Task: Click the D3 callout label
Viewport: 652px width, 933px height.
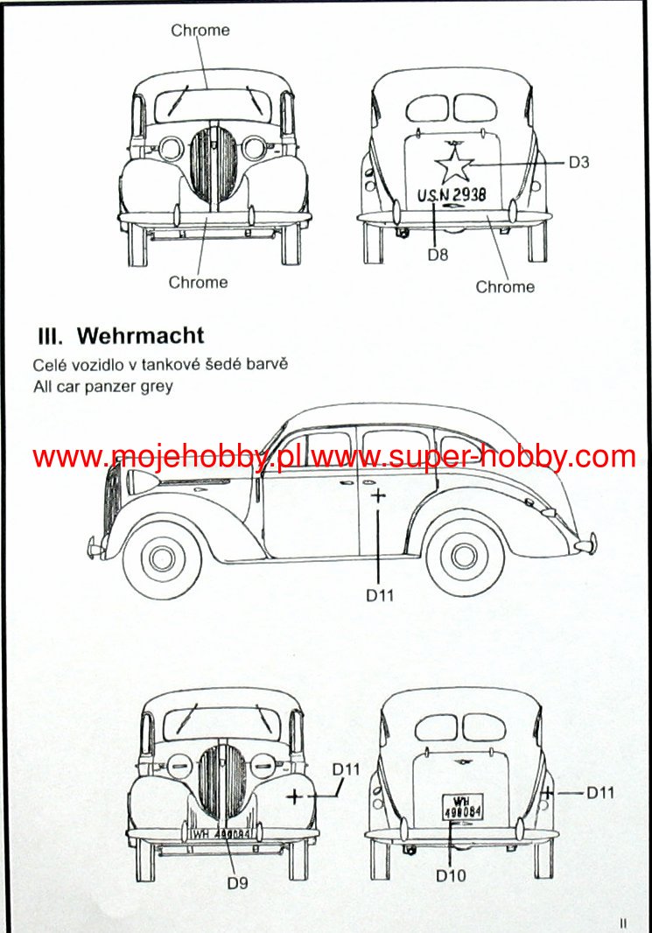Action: click(579, 162)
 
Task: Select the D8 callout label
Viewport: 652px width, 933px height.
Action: click(438, 255)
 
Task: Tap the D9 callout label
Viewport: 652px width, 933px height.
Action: click(238, 882)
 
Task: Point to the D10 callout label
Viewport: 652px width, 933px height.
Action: click(451, 874)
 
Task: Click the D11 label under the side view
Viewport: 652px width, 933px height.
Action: click(380, 595)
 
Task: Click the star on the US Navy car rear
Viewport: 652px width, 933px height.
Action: click(454, 165)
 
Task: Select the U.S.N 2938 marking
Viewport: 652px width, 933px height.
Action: click(452, 195)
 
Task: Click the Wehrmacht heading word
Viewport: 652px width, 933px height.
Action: click(141, 335)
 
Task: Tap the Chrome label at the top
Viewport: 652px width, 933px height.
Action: click(200, 31)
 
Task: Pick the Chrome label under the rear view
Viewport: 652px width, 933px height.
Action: click(505, 286)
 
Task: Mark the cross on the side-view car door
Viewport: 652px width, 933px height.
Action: click(377, 495)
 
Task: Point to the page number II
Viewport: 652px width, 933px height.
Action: click(623, 922)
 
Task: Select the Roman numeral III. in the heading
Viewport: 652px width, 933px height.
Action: click(51, 335)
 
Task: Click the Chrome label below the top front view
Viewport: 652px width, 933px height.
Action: click(198, 282)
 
